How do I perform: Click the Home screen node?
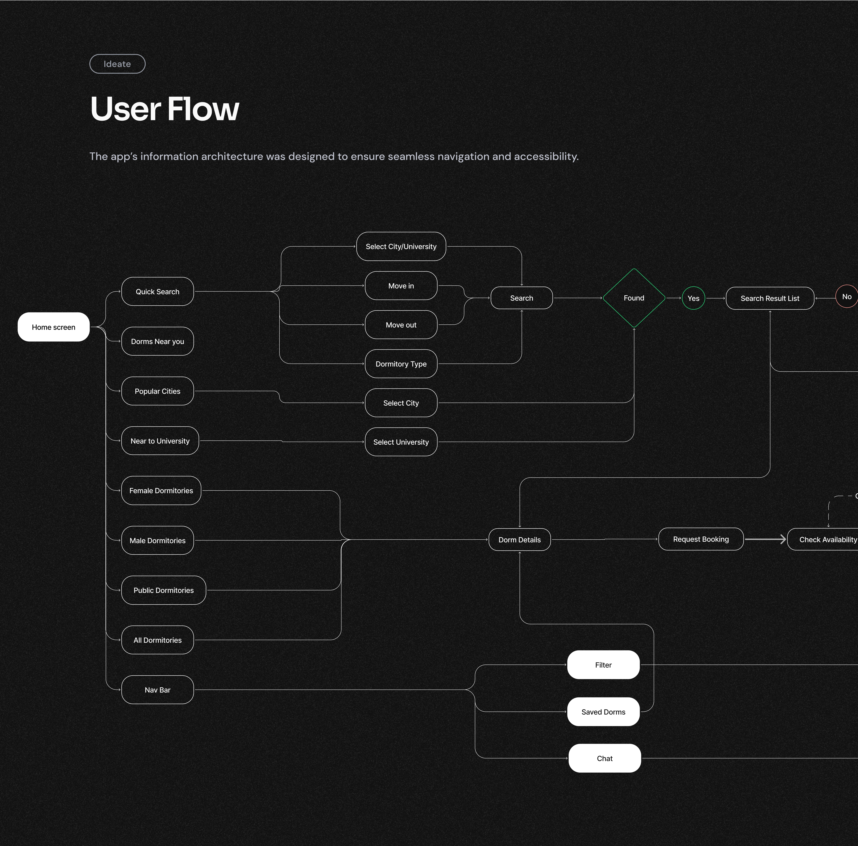click(x=53, y=327)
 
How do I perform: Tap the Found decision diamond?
click(x=634, y=298)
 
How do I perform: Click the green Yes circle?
click(x=693, y=298)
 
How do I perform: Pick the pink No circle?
click(x=846, y=296)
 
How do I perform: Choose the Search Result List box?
click(x=770, y=298)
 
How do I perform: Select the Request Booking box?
click(x=701, y=539)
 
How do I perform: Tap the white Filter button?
click(x=603, y=665)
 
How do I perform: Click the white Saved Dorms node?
click(x=603, y=712)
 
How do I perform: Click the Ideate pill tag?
click(x=117, y=64)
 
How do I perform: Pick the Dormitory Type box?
click(x=401, y=364)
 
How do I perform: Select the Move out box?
click(x=401, y=325)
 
